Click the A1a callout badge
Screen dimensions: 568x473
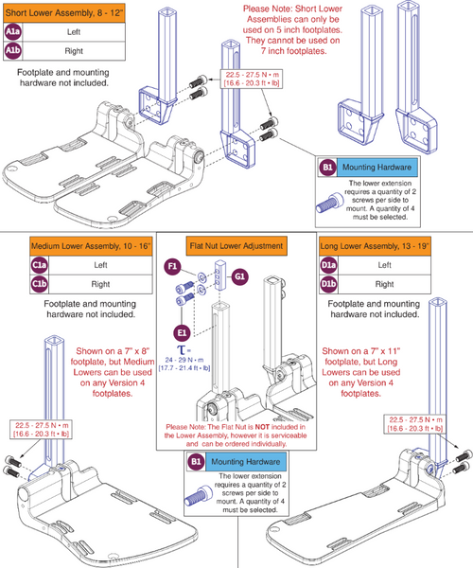pos(14,30)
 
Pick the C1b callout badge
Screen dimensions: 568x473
pos(14,285)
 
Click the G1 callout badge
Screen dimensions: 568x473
pos(240,276)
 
